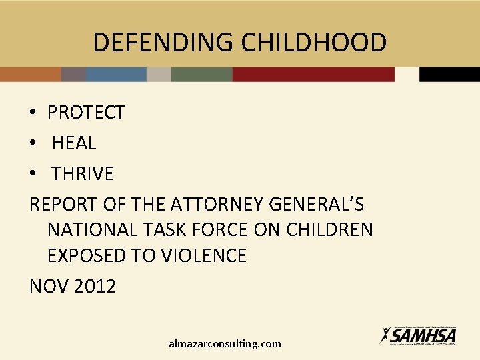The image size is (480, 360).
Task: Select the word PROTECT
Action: point(86,113)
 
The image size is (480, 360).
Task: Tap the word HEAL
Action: point(74,143)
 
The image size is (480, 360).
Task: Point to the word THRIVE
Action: point(83,174)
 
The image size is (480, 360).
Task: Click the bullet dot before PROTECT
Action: point(33,113)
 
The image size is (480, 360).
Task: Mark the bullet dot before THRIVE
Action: point(33,174)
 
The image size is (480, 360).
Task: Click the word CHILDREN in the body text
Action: point(329,230)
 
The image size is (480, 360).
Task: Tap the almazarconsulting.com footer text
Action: point(225,344)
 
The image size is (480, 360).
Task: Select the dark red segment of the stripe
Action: point(313,74)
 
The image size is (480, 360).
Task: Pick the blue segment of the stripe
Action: point(116,74)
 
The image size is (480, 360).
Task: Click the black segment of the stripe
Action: point(449,74)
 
